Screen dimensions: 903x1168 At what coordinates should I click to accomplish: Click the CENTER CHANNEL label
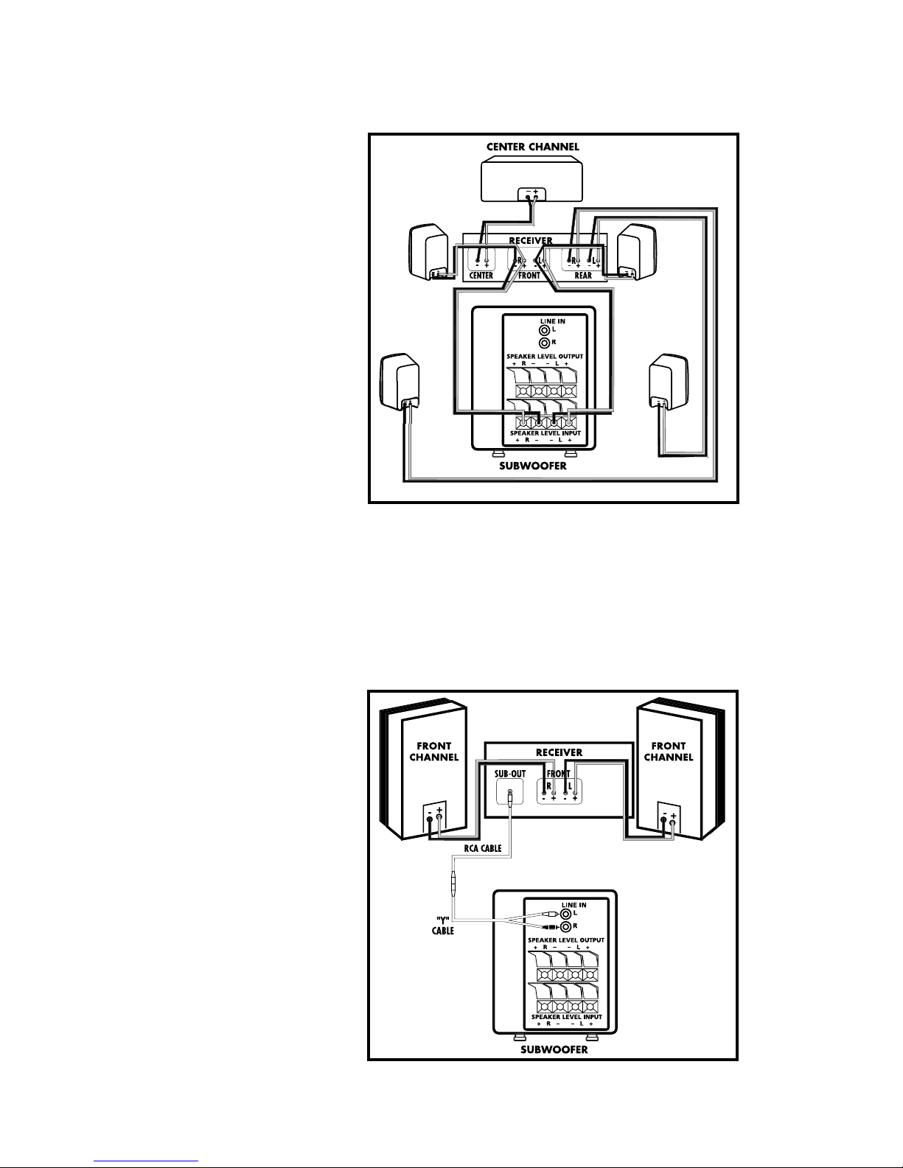[533, 147]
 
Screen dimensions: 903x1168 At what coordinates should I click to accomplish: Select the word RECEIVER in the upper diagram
[531, 240]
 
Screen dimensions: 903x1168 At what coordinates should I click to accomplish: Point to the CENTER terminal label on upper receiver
[481, 275]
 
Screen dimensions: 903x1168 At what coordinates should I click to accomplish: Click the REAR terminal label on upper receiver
[583, 275]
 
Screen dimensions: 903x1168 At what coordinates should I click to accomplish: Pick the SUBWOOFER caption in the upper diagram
[533, 466]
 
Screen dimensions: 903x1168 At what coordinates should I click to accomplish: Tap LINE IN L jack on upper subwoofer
[545, 330]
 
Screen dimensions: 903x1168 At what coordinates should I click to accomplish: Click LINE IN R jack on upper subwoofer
[545, 343]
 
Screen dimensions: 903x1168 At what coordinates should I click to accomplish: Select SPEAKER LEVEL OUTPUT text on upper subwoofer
[545, 357]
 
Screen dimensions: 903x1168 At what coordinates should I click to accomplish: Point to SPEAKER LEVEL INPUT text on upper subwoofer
[545, 433]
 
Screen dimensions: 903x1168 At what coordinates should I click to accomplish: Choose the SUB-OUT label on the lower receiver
[509, 774]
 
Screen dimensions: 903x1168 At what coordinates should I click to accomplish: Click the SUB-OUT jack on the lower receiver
[509, 793]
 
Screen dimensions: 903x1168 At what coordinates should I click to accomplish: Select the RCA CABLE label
[483, 848]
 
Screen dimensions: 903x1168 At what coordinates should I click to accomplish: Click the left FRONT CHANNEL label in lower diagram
[433, 752]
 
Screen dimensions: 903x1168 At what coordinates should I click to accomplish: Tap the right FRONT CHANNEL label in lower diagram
[669, 752]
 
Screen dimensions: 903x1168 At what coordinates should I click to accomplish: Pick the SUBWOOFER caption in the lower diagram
[554, 1050]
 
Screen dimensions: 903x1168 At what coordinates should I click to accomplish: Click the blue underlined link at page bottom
[146, 1161]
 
